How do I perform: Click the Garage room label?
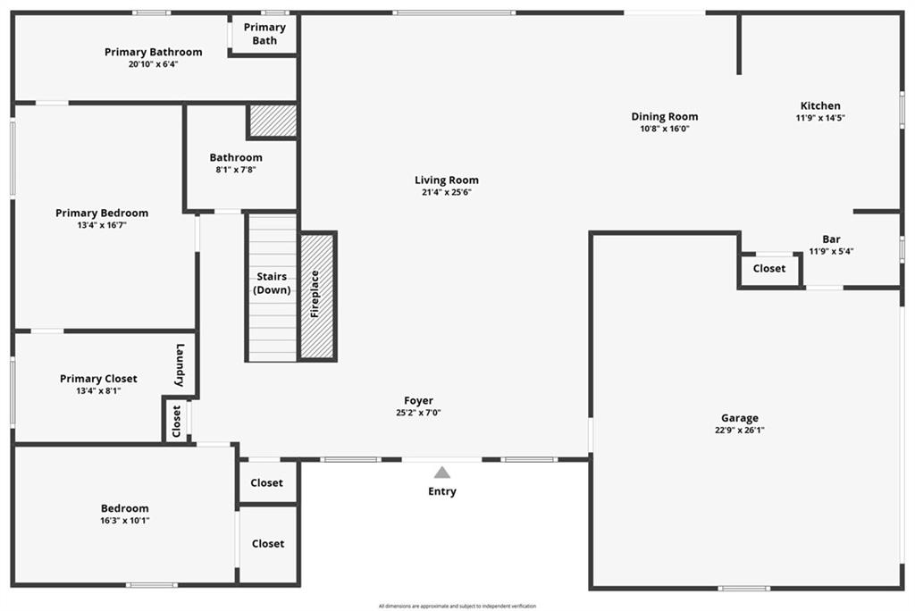click(x=740, y=418)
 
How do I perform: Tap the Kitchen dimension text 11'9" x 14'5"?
click(x=820, y=118)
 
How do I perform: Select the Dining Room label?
click(x=665, y=116)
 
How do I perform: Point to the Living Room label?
click(x=447, y=180)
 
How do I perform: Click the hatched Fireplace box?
click(x=317, y=296)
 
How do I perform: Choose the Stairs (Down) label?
click(x=272, y=283)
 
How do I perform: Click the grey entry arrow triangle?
click(x=442, y=473)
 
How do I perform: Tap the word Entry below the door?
click(x=442, y=491)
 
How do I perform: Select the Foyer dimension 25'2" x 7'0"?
click(x=418, y=413)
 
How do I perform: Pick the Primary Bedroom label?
click(x=102, y=213)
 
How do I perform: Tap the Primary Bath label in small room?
click(x=264, y=34)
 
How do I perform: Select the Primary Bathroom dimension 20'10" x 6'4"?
click(x=153, y=64)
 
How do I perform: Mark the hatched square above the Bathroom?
click(x=273, y=121)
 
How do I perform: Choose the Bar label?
click(x=831, y=239)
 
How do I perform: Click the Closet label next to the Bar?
click(x=769, y=268)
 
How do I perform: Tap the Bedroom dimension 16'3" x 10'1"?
click(x=125, y=521)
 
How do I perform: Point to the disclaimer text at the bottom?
click(x=457, y=606)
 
